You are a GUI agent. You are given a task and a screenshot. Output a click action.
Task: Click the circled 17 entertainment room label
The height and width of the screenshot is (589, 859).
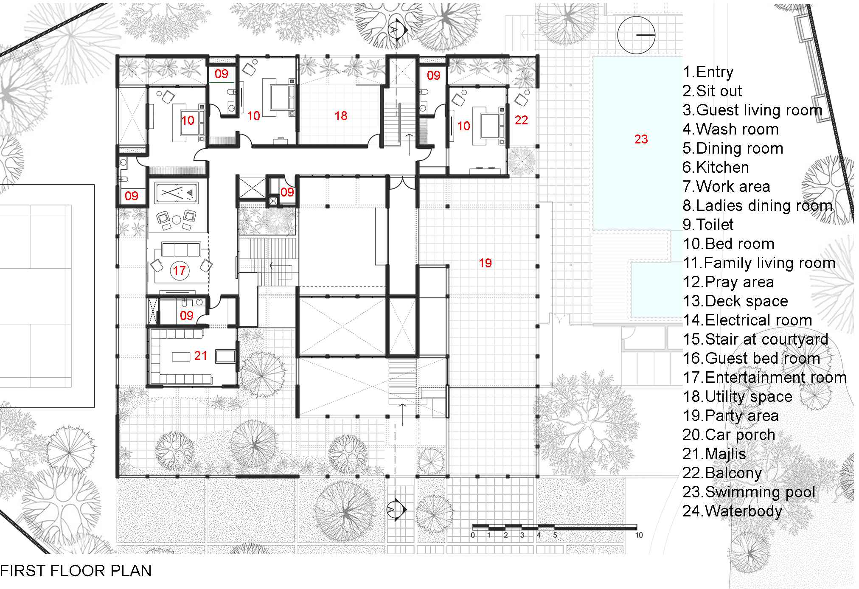tap(179, 270)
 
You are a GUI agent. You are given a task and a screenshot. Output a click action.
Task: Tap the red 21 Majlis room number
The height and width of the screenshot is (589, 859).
tap(201, 356)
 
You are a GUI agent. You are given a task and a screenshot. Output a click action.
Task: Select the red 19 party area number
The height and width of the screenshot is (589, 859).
tap(485, 263)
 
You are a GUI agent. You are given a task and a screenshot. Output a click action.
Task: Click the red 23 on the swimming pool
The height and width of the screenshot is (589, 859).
tap(641, 139)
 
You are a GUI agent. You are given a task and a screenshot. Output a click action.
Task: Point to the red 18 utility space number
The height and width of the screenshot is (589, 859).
tap(341, 116)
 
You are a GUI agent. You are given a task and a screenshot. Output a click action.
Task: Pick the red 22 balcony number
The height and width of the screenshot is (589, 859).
tap(521, 120)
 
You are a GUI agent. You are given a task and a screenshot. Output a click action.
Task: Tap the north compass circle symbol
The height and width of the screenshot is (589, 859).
tap(636, 35)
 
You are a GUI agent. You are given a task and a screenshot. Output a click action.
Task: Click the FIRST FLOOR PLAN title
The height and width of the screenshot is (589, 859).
tap(76, 571)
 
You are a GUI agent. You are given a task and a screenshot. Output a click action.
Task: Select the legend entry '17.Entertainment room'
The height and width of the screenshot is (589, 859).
tap(765, 377)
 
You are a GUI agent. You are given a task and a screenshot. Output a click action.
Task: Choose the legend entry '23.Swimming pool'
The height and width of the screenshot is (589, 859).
tap(749, 492)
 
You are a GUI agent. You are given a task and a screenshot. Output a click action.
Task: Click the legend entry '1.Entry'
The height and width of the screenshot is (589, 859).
tap(708, 72)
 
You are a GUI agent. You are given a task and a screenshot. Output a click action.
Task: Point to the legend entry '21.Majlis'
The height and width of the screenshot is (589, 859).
tap(714, 454)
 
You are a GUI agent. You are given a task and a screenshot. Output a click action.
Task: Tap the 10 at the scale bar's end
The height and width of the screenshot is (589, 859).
tap(639, 535)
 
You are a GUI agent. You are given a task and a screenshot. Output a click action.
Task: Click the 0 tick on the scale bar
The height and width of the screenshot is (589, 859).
tap(473, 535)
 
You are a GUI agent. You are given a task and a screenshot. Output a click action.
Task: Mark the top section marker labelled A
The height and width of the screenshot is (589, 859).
tap(397, 30)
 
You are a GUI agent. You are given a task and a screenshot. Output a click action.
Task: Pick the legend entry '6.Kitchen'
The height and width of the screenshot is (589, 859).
tap(716, 167)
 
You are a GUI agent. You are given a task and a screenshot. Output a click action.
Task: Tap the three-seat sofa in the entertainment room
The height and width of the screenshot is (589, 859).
tap(180, 250)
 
